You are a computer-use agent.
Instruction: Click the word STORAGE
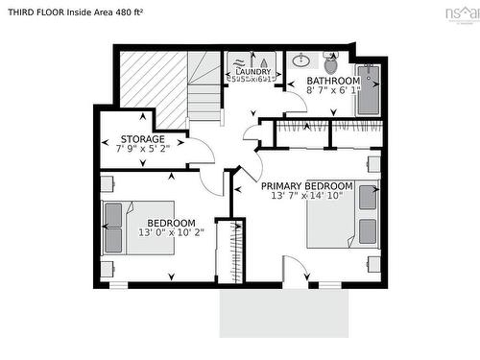click(x=139, y=139)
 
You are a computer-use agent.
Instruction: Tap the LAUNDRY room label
click(x=252, y=71)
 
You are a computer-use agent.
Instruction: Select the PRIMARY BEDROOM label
click(x=307, y=185)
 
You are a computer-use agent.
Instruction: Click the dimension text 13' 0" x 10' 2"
click(x=172, y=231)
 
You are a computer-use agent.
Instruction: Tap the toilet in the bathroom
click(x=331, y=65)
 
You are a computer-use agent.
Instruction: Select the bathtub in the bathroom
click(x=368, y=89)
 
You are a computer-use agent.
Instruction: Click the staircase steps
click(x=204, y=91)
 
